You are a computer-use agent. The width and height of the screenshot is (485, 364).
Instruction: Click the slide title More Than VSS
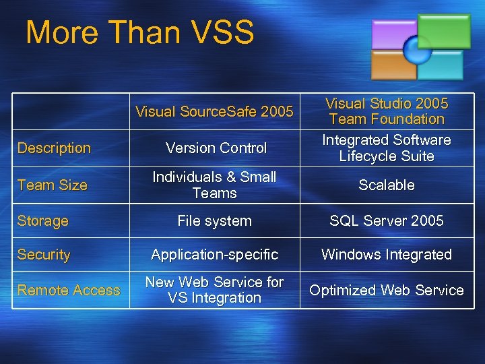click(139, 32)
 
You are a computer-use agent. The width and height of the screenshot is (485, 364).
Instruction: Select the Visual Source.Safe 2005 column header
click(214, 112)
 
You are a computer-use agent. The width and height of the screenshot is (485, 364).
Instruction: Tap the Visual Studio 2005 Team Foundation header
click(386, 111)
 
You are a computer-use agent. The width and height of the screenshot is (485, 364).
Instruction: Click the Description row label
click(54, 148)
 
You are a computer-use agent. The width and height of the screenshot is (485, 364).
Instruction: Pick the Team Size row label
click(53, 185)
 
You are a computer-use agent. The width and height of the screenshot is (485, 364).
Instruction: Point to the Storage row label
click(43, 221)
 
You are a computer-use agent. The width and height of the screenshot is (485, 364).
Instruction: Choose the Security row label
click(44, 255)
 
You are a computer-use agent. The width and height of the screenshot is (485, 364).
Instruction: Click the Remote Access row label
click(69, 291)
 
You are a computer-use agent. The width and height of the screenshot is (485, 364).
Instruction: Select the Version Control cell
click(216, 148)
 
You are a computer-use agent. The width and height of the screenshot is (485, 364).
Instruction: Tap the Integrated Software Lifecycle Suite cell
click(386, 148)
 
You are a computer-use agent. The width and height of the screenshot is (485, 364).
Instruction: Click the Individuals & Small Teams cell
click(214, 185)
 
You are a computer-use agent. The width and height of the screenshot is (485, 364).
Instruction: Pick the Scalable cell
click(386, 185)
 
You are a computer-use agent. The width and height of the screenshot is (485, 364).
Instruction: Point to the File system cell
click(214, 221)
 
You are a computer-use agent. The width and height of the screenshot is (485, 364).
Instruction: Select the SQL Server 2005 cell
click(386, 221)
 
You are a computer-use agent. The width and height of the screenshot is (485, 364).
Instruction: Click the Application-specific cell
click(214, 255)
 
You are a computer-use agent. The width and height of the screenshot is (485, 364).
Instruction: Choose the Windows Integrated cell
click(386, 255)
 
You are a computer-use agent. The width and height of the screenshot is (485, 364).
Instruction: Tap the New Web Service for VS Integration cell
click(214, 290)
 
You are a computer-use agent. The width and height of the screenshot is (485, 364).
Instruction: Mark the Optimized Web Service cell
click(386, 291)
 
